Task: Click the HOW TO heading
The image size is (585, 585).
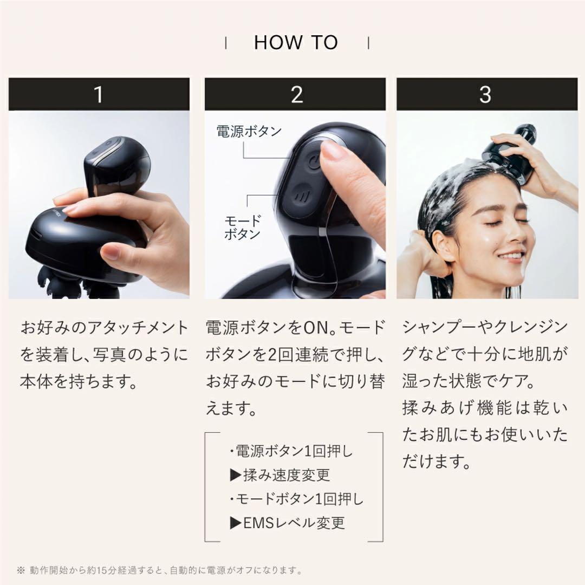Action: click(x=296, y=43)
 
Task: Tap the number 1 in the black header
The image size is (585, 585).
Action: click(x=99, y=95)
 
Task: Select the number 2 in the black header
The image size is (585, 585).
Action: click(x=296, y=95)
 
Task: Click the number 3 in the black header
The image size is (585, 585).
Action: click(x=485, y=95)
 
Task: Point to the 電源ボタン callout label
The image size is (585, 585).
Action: click(x=249, y=132)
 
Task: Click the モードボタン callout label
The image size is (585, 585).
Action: click(x=242, y=227)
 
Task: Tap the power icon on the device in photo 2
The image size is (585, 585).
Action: click(x=313, y=161)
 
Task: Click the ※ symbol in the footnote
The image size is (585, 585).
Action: click(x=21, y=570)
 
